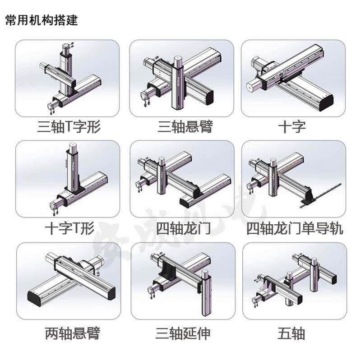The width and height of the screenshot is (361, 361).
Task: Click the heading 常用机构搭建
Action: pos(42,20)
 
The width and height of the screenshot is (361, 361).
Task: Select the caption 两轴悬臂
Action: pos(72,334)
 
